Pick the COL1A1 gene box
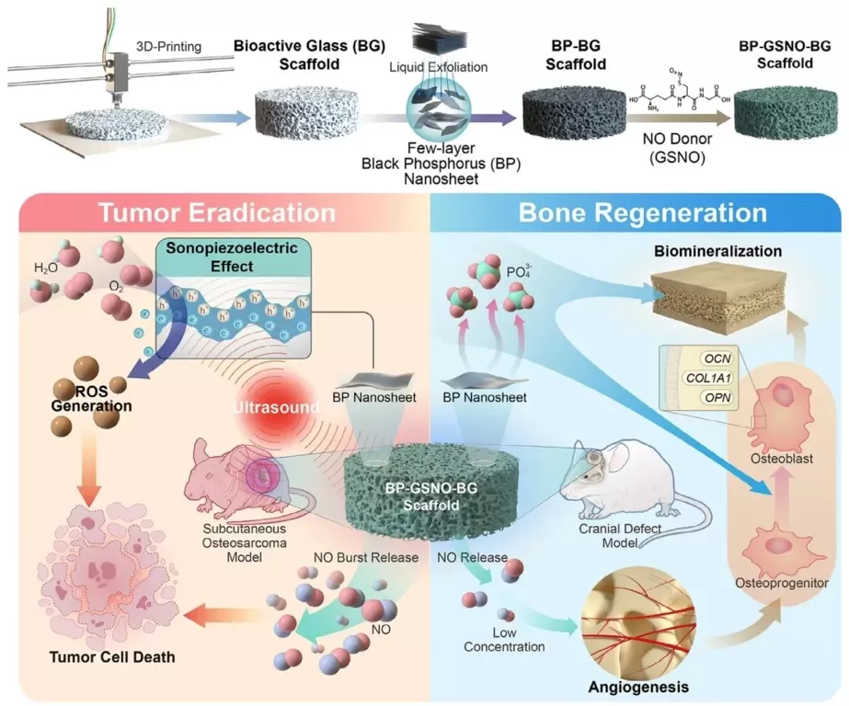708,377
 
